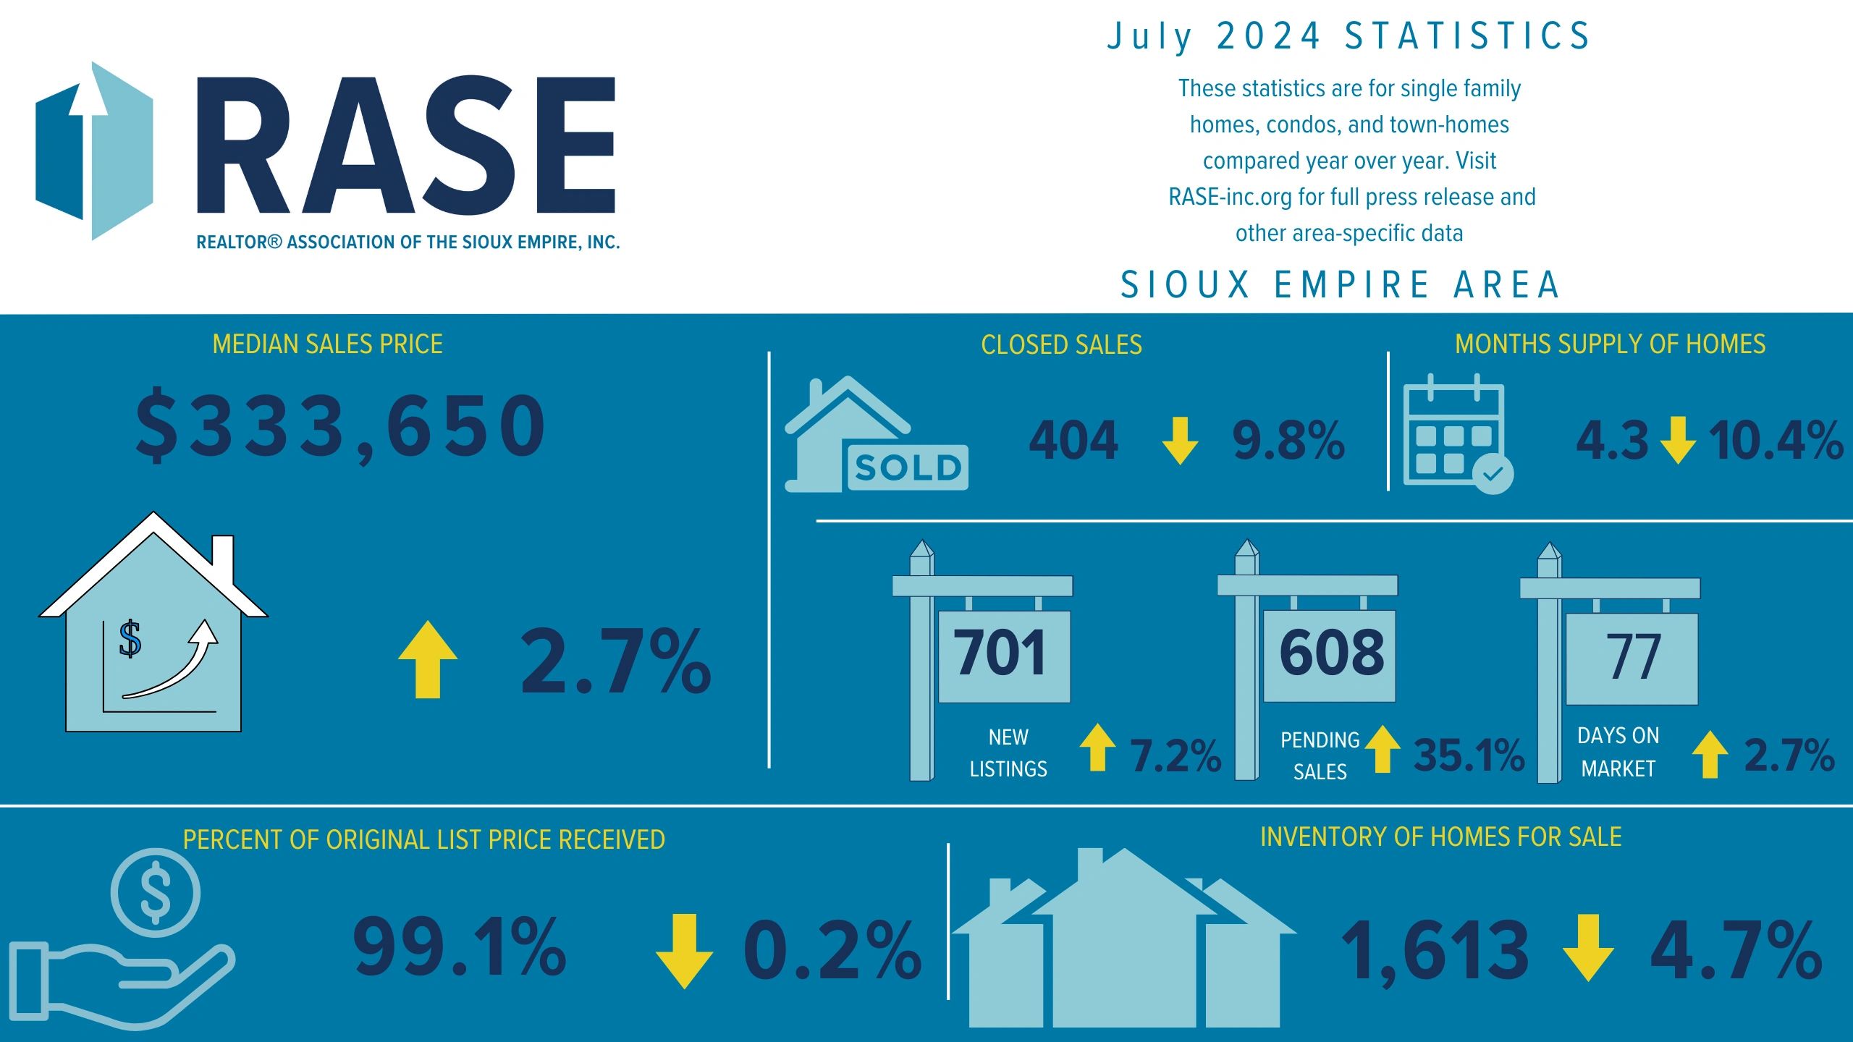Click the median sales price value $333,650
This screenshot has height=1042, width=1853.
[x=340, y=427]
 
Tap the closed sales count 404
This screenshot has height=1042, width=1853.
[x=1073, y=441]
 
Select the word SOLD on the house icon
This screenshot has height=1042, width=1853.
[x=908, y=467]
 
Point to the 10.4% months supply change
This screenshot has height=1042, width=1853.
[x=1776, y=441]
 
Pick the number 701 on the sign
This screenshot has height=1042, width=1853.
[x=1001, y=653]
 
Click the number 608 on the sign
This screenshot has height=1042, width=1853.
[x=1331, y=653]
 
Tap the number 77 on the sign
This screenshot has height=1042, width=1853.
[x=1634, y=657]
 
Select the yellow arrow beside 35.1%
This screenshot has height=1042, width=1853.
[x=1383, y=750]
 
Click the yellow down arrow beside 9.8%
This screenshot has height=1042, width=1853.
[x=1180, y=440]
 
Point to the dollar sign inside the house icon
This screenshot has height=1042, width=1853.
[x=130, y=639]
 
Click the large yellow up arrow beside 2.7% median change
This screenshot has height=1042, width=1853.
[x=428, y=660]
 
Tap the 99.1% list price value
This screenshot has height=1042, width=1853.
[x=460, y=947]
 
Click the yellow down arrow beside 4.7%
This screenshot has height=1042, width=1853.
[x=1587, y=949]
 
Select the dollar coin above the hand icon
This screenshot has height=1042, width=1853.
[x=156, y=893]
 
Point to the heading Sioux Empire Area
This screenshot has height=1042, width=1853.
[x=1340, y=284]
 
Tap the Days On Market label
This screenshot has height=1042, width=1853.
[x=1618, y=752]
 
